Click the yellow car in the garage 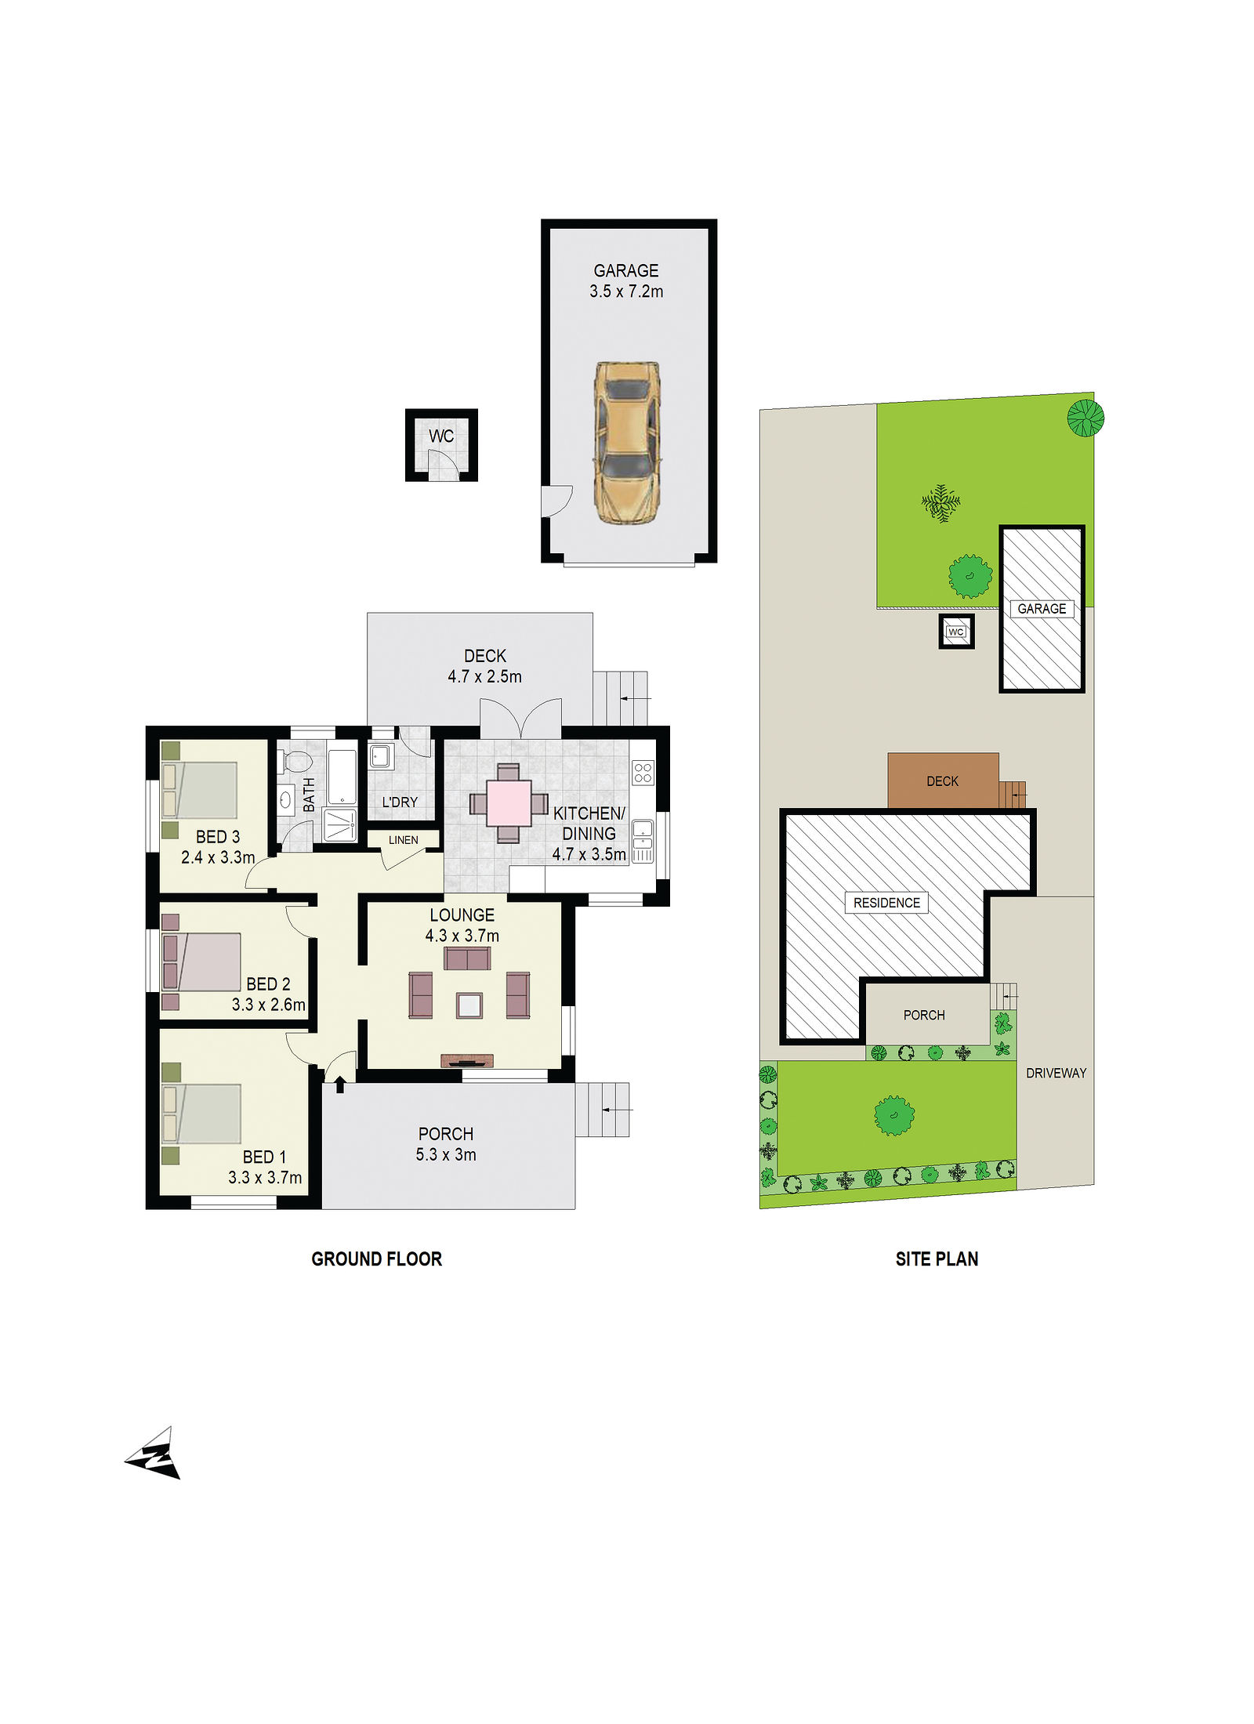coord(626,443)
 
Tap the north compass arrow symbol coord(154,1454)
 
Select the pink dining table coord(508,803)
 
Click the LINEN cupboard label coord(404,840)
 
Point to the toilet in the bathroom coord(297,761)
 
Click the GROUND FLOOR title coord(377,1259)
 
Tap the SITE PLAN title coord(937,1259)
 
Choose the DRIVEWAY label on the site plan coord(1056,1073)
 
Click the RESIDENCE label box coord(886,903)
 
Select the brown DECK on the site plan coord(943,781)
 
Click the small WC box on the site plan coord(956,631)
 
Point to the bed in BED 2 coord(201,962)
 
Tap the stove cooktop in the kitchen coord(643,773)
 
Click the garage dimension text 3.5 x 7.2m coord(626,292)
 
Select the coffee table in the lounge coord(469,1005)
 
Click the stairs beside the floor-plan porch coord(602,1110)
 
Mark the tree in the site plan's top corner coord(1085,418)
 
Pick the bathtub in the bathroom coord(342,777)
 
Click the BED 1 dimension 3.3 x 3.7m coord(265,1177)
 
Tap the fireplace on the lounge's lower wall coord(467,1061)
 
